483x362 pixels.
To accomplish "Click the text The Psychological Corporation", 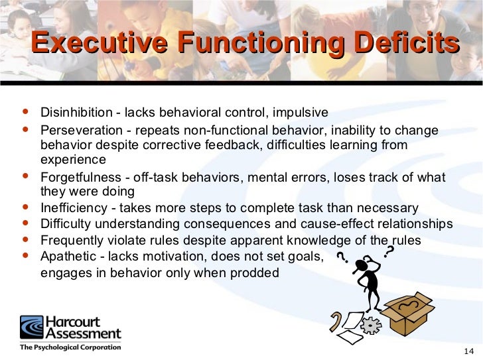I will click(x=70, y=347).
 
